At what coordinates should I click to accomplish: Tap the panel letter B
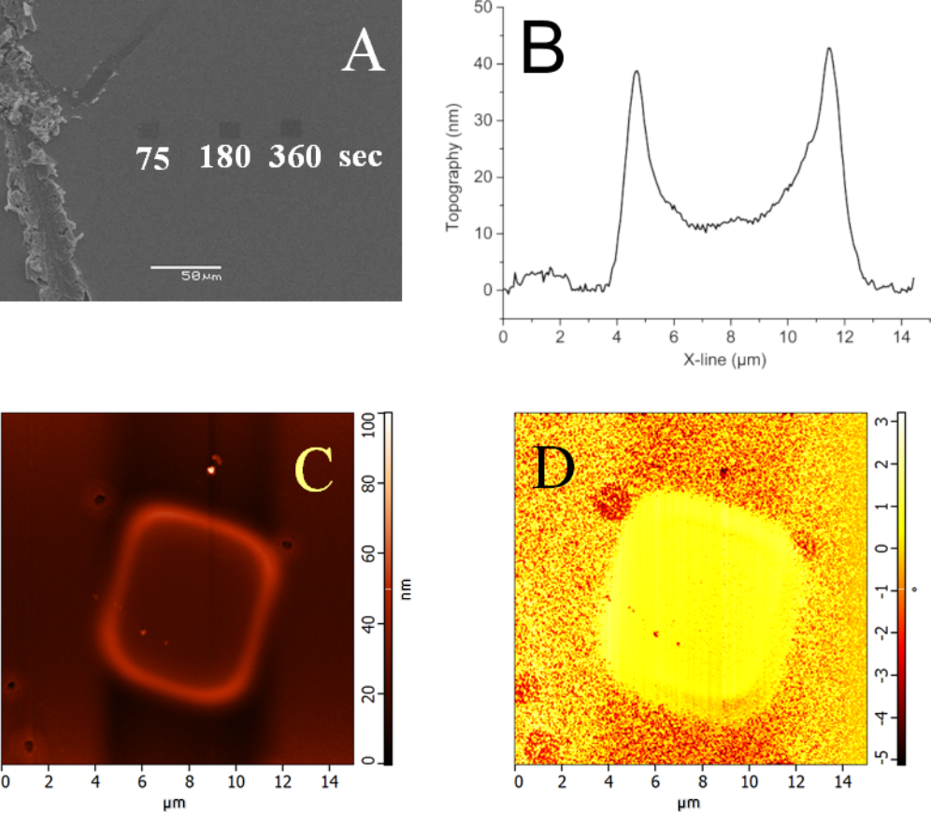542,49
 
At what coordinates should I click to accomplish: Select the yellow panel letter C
314,469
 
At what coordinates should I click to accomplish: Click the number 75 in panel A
153,158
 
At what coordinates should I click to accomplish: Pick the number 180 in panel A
224,157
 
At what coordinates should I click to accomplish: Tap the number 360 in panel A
294,157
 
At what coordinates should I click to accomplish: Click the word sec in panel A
360,157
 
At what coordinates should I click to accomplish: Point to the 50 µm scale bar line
185,266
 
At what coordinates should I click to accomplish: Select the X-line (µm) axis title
709,359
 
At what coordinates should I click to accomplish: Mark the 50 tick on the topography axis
483,7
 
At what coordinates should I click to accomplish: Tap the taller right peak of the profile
829,50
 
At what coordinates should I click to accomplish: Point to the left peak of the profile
637,72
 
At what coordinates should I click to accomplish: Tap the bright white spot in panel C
211,471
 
